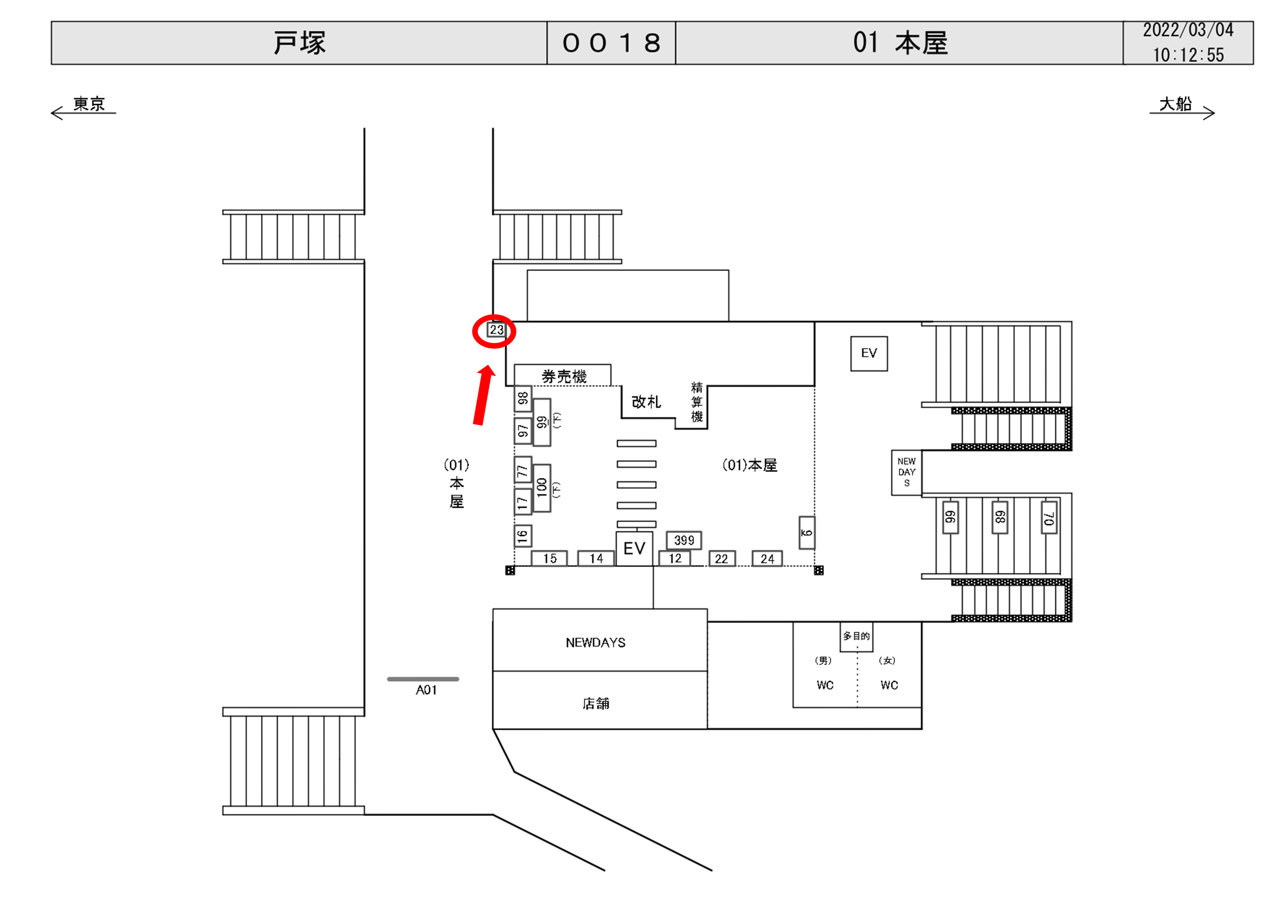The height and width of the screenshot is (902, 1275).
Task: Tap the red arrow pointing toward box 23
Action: (483, 395)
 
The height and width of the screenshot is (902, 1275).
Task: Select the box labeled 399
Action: (684, 540)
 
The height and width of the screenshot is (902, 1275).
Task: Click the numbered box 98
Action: (523, 398)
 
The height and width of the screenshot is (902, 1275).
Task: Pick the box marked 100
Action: (542, 488)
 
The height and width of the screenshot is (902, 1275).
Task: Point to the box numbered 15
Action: (549, 558)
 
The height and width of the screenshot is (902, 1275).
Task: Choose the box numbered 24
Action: (767, 558)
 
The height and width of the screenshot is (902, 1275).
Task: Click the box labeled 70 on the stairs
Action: (1048, 517)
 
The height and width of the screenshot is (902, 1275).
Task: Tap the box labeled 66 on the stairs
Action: (950, 517)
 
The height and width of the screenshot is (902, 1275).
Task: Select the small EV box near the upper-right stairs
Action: (869, 353)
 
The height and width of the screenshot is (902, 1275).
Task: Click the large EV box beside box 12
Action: (634, 548)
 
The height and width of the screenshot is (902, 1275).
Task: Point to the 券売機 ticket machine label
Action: (563, 377)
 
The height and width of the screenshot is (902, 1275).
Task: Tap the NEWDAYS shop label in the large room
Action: (595, 643)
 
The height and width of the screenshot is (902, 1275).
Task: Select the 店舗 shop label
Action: (595, 704)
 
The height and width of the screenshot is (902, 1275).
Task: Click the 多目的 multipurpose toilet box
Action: (856, 636)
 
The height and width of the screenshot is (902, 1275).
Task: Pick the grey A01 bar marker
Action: (423, 679)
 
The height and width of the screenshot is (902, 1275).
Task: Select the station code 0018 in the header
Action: (611, 43)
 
